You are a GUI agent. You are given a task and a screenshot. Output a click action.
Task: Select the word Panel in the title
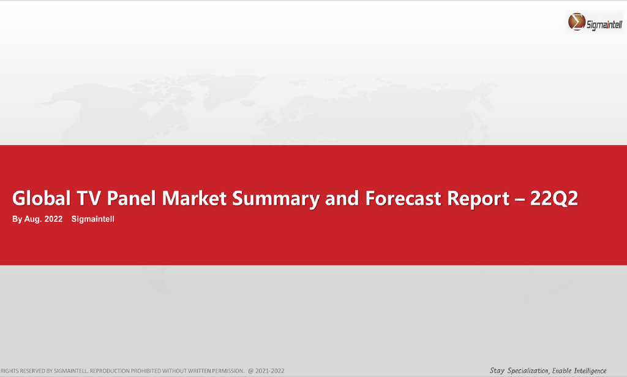click(x=131, y=198)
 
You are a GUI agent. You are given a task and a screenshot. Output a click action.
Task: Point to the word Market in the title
click(x=194, y=198)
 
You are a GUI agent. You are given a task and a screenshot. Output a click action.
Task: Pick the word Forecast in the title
click(x=403, y=198)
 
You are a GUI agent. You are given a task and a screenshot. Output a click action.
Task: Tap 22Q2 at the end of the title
click(x=554, y=199)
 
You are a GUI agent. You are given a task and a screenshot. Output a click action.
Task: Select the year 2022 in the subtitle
click(x=53, y=219)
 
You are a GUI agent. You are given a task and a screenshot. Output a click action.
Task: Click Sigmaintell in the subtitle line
click(x=93, y=219)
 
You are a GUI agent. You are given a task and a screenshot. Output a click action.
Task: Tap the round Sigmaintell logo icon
click(x=577, y=21)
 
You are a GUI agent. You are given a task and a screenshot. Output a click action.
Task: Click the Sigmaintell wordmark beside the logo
click(x=604, y=25)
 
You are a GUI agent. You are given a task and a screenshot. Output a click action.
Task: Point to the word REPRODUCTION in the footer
click(x=109, y=371)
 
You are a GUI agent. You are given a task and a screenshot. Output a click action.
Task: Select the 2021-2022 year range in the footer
click(x=270, y=371)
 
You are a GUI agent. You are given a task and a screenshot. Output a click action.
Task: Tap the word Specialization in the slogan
click(x=528, y=371)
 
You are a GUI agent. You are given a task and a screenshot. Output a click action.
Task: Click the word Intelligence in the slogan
click(x=590, y=371)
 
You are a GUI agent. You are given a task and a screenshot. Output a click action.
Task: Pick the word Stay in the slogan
click(x=497, y=371)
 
